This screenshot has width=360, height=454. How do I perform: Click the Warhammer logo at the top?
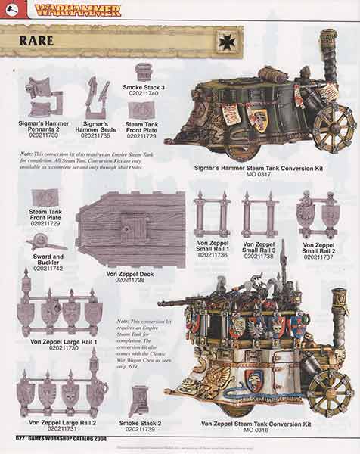coord(79,10)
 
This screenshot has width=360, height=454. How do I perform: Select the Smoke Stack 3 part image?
coord(144,72)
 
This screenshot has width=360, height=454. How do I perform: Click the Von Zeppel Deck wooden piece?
coord(131,229)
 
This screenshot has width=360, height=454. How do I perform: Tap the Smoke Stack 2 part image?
coord(140,401)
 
